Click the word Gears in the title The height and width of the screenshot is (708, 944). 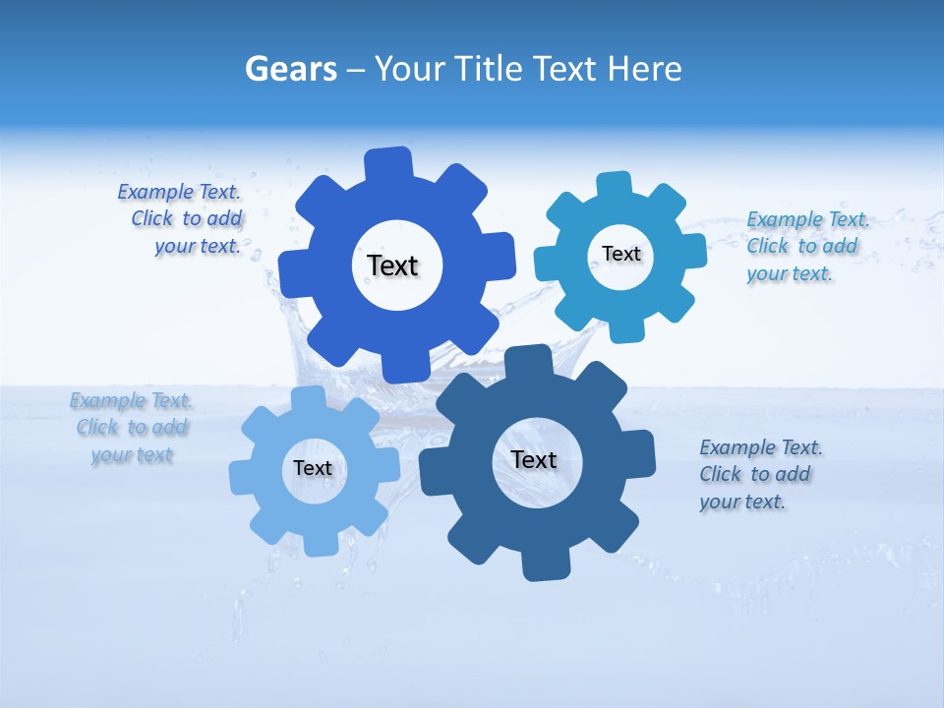(x=290, y=70)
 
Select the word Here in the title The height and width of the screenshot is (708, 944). (x=644, y=70)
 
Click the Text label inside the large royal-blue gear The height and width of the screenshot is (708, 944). (x=392, y=265)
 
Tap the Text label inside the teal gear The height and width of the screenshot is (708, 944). (x=620, y=254)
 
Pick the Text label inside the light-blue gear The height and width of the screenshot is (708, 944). (x=313, y=469)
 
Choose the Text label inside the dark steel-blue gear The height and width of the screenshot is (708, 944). (x=534, y=460)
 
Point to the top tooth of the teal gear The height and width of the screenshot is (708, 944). (x=615, y=187)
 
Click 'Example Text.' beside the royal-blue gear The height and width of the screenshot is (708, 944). (x=179, y=192)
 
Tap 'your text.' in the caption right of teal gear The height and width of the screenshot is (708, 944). (x=790, y=274)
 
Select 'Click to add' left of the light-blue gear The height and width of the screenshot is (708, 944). (x=133, y=428)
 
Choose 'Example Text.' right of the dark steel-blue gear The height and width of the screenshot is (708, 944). (x=761, y=447)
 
